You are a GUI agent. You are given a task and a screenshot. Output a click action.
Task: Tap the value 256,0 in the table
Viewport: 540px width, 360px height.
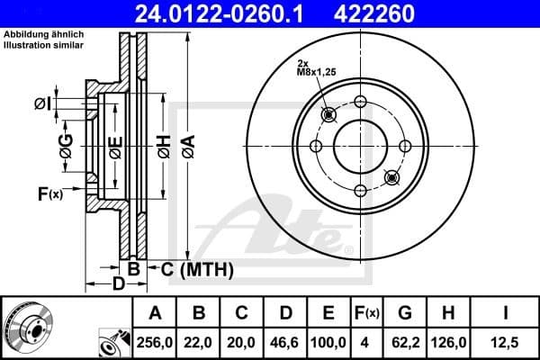(x=155, y=340)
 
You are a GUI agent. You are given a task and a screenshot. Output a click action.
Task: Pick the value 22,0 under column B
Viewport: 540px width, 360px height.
(x=199, y=340)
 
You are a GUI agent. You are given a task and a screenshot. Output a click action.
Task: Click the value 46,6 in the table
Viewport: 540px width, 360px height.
(x=285, y=340)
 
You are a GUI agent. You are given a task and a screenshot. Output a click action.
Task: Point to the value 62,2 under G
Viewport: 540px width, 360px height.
(x=406, y=340)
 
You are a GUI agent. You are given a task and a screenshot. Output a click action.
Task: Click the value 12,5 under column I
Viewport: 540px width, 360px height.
(x=505, y=340)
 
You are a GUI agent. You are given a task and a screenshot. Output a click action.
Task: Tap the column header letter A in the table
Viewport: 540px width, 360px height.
(x=155, y=313)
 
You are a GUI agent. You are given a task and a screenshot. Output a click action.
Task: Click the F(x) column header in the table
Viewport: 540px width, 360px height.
(x=366, y=313)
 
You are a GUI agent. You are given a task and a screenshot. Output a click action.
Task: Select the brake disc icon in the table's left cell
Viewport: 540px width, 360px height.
(x=27, y=326)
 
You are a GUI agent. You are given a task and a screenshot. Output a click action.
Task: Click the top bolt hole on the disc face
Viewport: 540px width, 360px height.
(x=359, y=101)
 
